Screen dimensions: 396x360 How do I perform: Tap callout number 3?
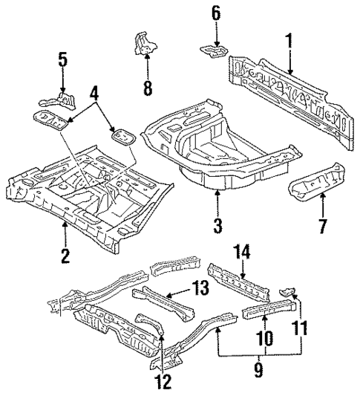pyautogui.click(x=217, y=224)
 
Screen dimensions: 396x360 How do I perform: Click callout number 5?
pyautogui.click(x=62, y=59)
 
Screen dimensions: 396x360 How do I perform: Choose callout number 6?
pyautogui.click(x=216, y=13)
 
